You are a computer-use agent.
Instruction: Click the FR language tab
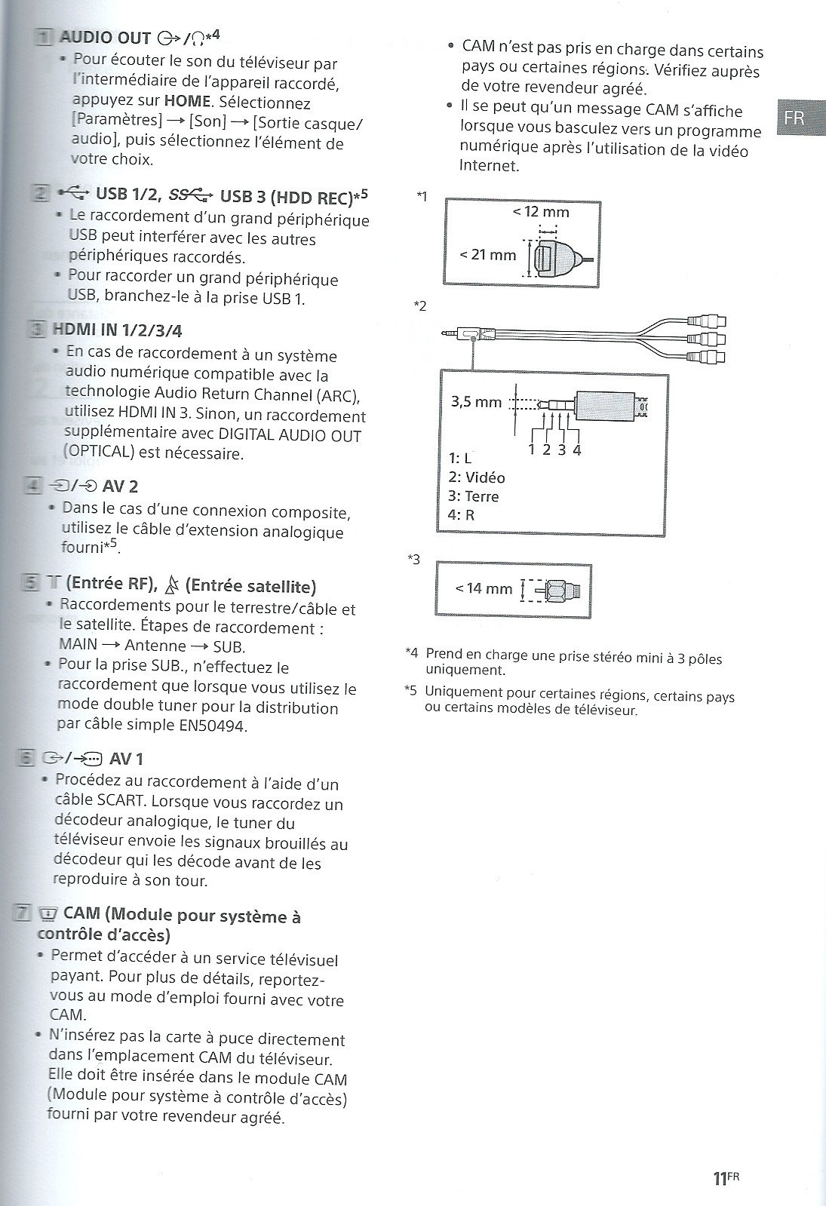coord(794,118)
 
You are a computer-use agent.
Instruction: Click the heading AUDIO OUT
coord(105,38)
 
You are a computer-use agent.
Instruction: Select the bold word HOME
coord(187,103)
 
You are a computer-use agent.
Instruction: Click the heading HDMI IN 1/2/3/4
coord(117,330)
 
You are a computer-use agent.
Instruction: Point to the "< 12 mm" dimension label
coord(541,212)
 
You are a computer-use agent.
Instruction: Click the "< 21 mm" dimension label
coord(488,255)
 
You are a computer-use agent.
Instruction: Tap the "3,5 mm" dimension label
coord(477,402)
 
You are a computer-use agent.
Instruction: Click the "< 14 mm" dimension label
coord(484,588)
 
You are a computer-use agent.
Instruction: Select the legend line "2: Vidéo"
coord(476,477)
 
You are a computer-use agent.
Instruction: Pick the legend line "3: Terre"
coord(473,496)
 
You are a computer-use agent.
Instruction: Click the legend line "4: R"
coord(461,516)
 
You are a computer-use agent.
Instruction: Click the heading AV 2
coord(120,486)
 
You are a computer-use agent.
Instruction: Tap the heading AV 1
coord(126,759)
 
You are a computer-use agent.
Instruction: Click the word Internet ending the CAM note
coord(489,165)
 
